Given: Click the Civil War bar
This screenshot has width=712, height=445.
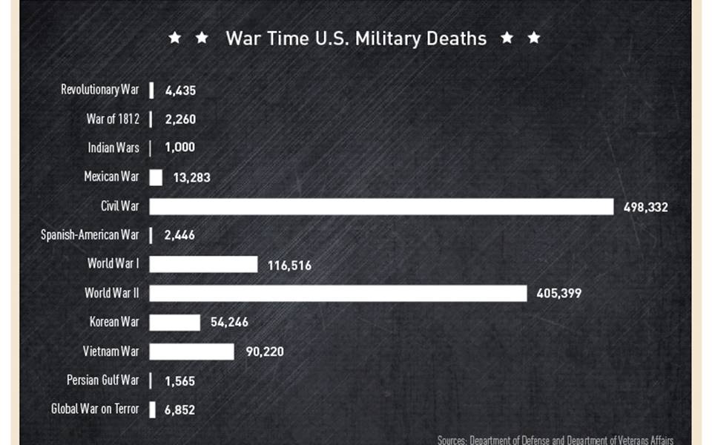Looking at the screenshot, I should pyautogui.click(x=381, y=206).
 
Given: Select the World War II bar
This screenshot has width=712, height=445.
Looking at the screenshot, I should pyautogui.click(x=338, y=293).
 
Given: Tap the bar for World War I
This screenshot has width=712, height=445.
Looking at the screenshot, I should pyautogui.click(x=203, y=264).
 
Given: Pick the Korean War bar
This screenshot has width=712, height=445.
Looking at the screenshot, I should pyautogui.click(x=174, y=322).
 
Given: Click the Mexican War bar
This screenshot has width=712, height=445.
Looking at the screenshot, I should pyautogui.click(x=156, y=177).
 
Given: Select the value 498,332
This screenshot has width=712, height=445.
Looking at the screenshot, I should pyautogui.click(x=645, y=207).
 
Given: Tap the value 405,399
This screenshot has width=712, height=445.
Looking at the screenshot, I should pyautogui.click(x=558, y=294).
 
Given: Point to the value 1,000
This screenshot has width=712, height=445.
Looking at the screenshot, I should pyautogui.click(x=179, y=148).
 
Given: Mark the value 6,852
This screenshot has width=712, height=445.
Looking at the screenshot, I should pyautogui.click(x=179, y=409).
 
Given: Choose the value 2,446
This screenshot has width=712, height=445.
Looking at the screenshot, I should pyautogui.click(x=180, y=236).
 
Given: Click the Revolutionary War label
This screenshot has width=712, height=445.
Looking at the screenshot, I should pyautogui.click(x=99, y=90).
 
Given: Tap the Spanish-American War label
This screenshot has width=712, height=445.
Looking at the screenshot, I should pyautogui.click(x=90, y=235).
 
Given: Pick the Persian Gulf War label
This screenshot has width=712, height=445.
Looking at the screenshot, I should pyautogui.click(x=102, y=380).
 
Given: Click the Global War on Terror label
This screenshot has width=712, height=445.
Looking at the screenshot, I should pyautogui.click(x=94, y=409).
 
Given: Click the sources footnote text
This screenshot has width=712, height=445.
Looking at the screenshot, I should pyautogui.click(x=555, y=440).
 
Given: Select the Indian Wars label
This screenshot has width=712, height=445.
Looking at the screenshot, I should pyautogui.click(x=113, y=148).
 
